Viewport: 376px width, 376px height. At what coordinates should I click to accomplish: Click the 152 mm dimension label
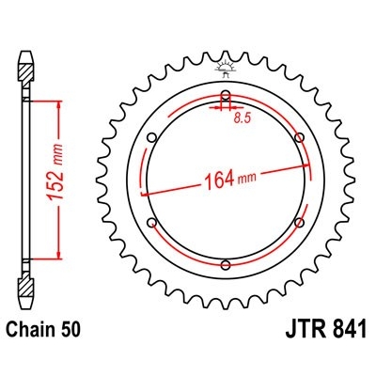pyautogui.click(x=50, y=178)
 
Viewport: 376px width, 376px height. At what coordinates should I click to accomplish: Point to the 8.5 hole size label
pyautogui.click(x=243, y=117)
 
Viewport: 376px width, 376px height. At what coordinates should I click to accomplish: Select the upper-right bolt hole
pyautogui.click(x=299, y=138)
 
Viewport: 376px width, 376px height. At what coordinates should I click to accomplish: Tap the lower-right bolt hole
pyautogui.click(x=299, y=222)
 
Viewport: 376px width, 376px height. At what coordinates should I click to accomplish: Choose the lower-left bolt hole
pyautogui.click(x=152, y=222)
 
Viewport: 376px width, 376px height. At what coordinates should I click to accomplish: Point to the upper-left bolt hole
pyautogui.click(x=152, y=138)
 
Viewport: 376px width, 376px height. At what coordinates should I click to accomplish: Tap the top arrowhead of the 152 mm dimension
pyautogui.click(x=61, y=104)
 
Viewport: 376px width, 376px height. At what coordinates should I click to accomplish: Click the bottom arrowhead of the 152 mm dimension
pyautogui.click(x=61, y=253)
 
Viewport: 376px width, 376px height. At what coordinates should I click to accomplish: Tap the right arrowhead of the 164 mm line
pyautogui.click(x=303, y=162)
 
